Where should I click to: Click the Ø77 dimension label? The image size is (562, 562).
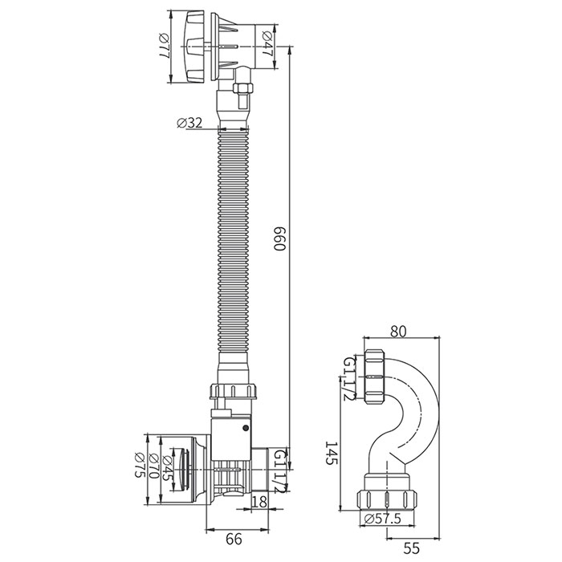click(164, 47)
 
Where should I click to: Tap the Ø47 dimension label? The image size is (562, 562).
click(267, 43)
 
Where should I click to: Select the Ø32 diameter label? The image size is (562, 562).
click(189, 123)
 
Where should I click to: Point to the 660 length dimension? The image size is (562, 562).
click(279, 238)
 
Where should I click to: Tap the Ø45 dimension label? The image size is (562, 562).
click(167, 467)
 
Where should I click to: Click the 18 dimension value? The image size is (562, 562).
click(260, 502)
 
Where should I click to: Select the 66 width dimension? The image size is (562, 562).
click(234, 539)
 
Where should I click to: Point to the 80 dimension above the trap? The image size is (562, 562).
click(398, 332)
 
